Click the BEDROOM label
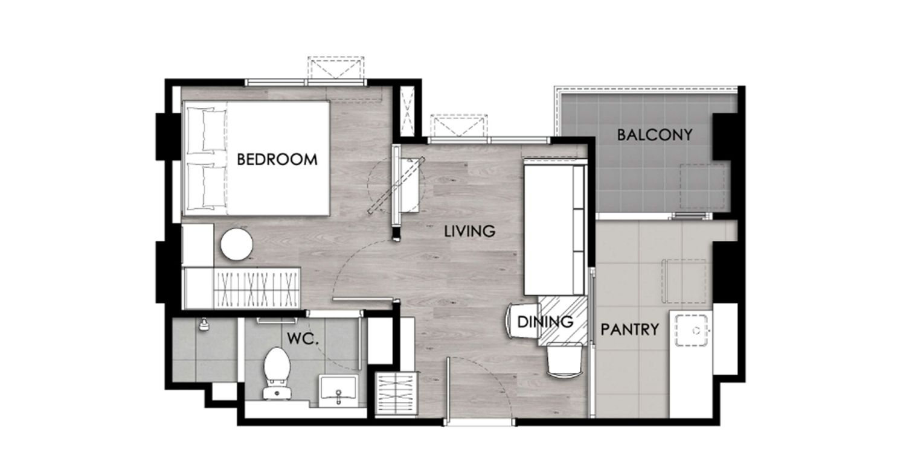(x=277, y=159)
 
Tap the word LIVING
(x=469, y=231)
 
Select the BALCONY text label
(x=655, y=135)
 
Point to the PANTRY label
(x=630, y=329)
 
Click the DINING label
(x=545, y=322)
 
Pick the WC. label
(x=303, y=339)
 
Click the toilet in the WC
(x=277, y=373)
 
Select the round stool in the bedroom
(x=237, y=244)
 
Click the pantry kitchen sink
(x=692, y=331)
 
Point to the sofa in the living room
(x=554, y=228)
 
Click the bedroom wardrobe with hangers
(x=257, y=288)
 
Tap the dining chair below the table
(x=565, y=361)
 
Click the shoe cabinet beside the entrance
(x=396, y=393)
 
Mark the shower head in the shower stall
(x=204, y=325)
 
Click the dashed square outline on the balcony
(x=702, y=186)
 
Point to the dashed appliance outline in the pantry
(x=684, y=281)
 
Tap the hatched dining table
(x=562, y=321)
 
